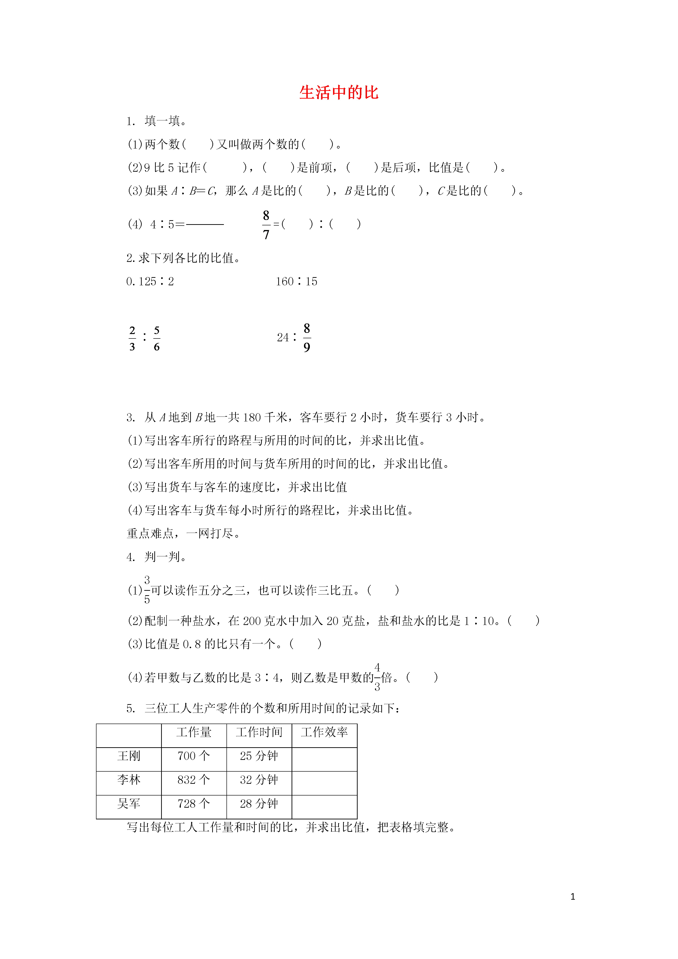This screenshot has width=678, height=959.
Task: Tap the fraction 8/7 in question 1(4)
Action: tap(266, 225)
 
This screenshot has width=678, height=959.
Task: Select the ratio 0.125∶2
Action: tap(150, 282)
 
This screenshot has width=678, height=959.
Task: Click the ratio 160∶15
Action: tap(296, 282)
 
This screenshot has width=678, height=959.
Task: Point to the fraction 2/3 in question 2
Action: tap(132, 338)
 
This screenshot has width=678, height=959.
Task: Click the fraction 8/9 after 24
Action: tap(307, 338)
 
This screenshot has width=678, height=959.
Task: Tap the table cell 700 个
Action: tap(194, 756)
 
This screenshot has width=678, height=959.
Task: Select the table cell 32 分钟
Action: tap(259, 780)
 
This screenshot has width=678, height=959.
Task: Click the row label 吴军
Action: tap(129, 804)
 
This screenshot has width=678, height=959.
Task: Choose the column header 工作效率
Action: tap(324, 732)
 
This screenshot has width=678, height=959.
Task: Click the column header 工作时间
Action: tap(259, 732)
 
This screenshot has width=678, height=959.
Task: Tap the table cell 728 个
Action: tap(194, 804)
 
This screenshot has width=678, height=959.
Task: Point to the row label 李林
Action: tap(129, 780)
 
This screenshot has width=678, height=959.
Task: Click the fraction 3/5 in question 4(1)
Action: tap(147, 590)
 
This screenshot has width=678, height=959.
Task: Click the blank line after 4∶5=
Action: tap(205, 225)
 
